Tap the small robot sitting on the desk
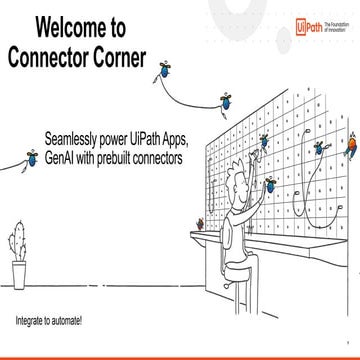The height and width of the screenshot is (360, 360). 203,222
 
